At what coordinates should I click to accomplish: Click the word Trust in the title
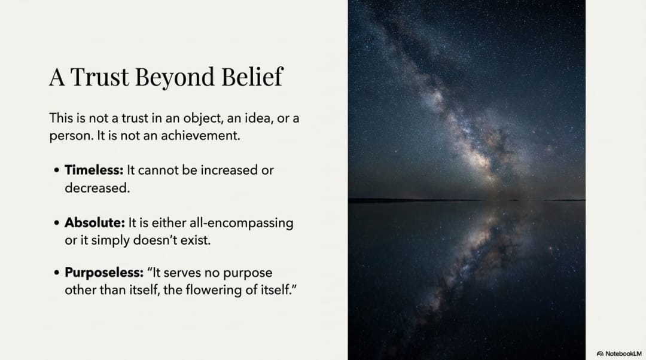click(100, 77)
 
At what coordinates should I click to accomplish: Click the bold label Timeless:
click(94, 170)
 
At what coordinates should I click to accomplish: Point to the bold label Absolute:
click(95, 222)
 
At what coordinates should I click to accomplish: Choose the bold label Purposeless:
click(104, 273)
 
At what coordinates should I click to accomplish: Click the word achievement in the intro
click(200, 136)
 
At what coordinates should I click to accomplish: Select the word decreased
click(97, 188)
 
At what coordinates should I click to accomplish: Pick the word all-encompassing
click(242, 223)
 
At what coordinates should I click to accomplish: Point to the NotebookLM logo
click(619, 353)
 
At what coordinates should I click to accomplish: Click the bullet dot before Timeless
click(56, 170)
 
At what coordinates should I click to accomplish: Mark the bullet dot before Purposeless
click(56, 273)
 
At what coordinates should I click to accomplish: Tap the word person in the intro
click(71, 136)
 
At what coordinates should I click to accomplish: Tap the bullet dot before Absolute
click(56, 223)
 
